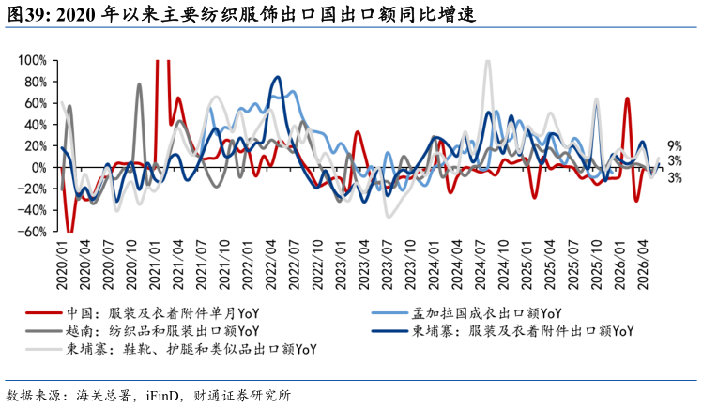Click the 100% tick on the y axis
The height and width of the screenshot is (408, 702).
pyautogui.click(x=32, y=60)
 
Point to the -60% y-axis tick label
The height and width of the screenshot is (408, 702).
pyautogui.click(x=32, y=232)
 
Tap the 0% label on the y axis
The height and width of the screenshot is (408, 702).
pyautogui.click(x=39, y=167)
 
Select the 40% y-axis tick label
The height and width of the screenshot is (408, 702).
pyautogui.click(x=36, y=125)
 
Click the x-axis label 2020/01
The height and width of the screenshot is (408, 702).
pyautogui.click(x=62, y=264)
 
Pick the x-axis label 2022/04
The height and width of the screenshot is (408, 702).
pyautogui.click(x=271, y=264)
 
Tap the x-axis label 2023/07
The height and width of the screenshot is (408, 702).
pyautogui.click(x=388, y=264)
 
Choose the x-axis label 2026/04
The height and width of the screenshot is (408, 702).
pyautogui.click(x=644, y=264)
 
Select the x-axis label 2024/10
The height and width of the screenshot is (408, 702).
pyautogui.click(x=504, y=264)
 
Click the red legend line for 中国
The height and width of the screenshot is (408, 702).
pyautogui.click(x=43, y=313)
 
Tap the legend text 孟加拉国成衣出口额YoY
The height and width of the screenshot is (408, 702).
pyautogui.click(x=486, y=313)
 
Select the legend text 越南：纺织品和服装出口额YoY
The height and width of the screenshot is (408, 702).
pyautogui.click(x=162, y=331)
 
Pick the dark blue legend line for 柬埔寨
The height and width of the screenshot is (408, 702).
pyautogui.click(x=389, y=331)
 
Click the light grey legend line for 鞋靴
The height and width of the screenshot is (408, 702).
pyautogui.click(x=43, y=349)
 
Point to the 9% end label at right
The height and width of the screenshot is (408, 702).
pyautogui.click(x=675, y=145)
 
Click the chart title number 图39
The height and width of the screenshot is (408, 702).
pyautogui.click(x=29, y=15)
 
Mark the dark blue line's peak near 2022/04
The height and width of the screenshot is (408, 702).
pyautogui.click(x=278, y=77)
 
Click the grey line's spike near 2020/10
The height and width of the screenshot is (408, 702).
pyautogui.click(x=139, y=84)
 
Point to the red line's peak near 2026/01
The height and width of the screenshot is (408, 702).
pyautogui.click(x=627, y=98)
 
